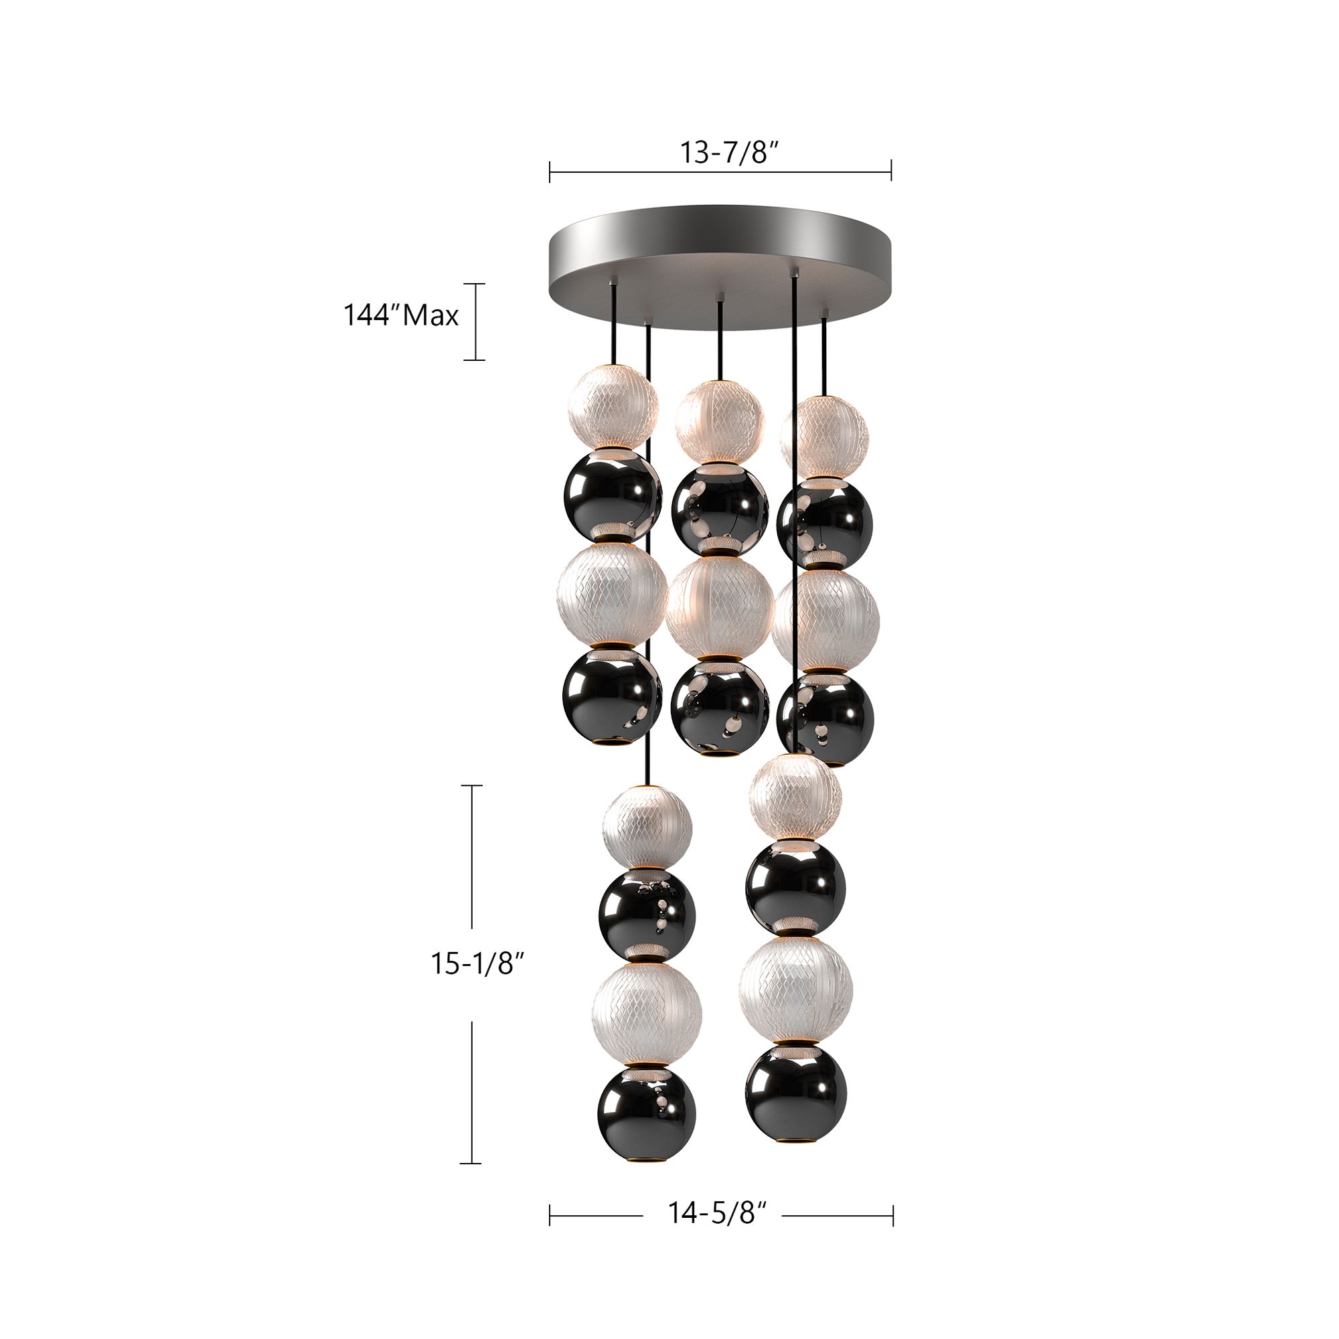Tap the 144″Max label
(401, 316)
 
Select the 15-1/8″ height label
(477, 963)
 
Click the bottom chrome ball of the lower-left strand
(646, 1119)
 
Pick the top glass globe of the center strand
(720, 422)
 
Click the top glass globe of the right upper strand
(823, 436)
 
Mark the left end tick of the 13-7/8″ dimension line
(550, 171)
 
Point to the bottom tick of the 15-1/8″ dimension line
(471, 1163)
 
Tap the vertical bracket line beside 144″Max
(475, 321)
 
